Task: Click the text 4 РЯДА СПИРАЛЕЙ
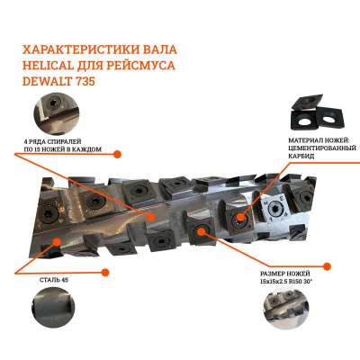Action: click(52, 141)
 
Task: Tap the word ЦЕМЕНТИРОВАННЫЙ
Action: click(322, 148)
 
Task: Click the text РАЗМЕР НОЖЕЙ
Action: click(285, 274)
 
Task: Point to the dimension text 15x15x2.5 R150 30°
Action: click(286, 282)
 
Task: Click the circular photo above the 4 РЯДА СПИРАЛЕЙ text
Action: click(57, 114)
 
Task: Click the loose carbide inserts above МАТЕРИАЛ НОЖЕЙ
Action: click(317, 112)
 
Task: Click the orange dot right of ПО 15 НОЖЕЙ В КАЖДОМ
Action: click(117, 154)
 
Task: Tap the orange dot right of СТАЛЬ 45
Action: click(104, 273)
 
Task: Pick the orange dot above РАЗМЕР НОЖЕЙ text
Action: click(327, 265)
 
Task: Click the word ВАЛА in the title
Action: click(161, 49)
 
